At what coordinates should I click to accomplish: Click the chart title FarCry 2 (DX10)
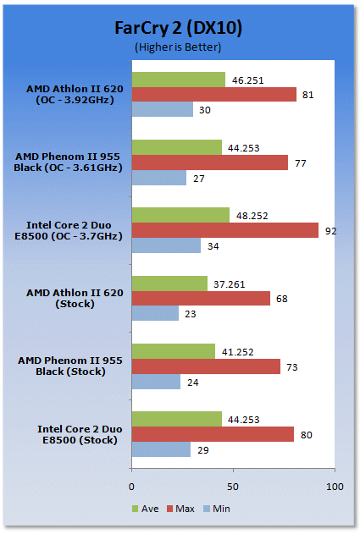coord(178,28)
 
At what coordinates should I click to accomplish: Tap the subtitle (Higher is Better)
coord(178,47)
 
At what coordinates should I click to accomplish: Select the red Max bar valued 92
coord(225,230)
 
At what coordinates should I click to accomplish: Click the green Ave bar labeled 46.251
coord(178,80)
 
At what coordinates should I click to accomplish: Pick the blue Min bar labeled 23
coord(155,313)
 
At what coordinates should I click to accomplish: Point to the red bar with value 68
coord(201,298)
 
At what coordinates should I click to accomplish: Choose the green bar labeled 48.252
coord(180,215)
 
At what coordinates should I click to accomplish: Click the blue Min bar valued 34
coord(166,245)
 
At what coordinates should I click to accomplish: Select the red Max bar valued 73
coord(206,366)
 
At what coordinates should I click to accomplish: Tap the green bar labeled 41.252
coord(174,351)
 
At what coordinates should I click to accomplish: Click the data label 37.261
coord(229,284)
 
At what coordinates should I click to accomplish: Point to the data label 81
coord(307,95)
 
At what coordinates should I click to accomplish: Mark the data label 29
coord(202,450)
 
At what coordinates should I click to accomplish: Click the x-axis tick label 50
coord(233,487)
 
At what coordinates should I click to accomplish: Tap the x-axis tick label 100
coord(335,487)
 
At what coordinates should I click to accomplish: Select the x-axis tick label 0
coord(131,487)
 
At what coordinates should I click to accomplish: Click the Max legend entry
coord(180,509)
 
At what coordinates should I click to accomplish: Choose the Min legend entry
coord(217,509)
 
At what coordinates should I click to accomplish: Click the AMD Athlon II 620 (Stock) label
coord(75,299)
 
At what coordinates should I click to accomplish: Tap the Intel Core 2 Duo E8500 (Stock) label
coord(80,434)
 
